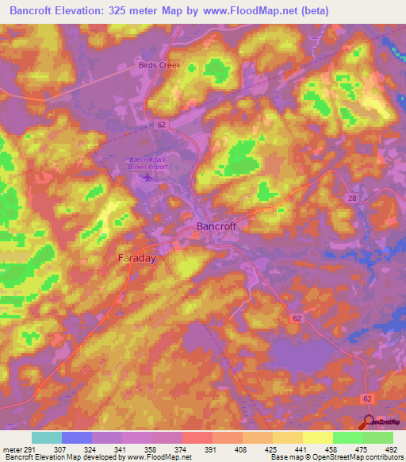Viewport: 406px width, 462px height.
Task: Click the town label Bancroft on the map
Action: (216, 226)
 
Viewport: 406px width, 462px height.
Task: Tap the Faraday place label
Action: (136, 259)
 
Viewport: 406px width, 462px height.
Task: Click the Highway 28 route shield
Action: (351, 198)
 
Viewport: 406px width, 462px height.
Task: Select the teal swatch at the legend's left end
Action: (47, 437)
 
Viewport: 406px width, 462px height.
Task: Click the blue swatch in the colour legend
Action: (77, 437)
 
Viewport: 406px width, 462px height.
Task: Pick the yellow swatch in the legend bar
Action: (317, 437)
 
